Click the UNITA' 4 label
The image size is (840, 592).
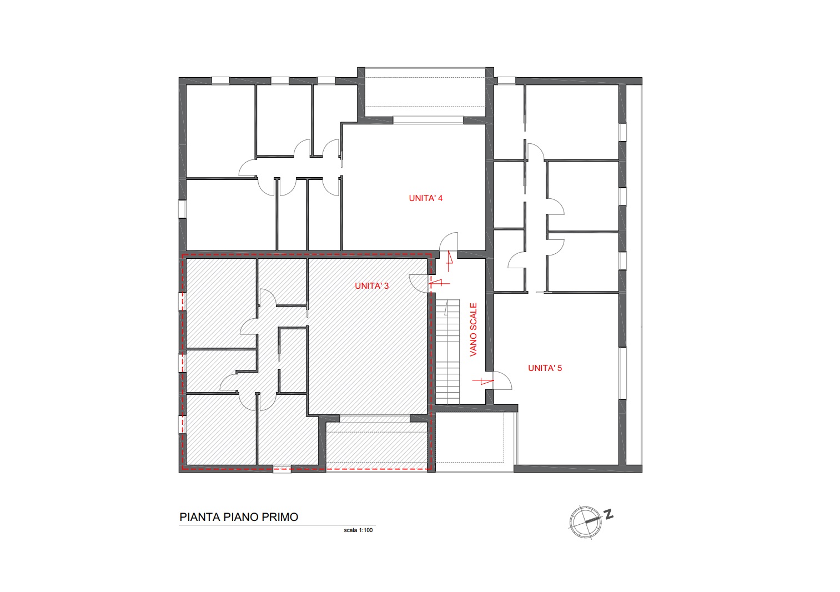[x=426, y=198]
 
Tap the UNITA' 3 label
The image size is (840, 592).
[x=371, y=286]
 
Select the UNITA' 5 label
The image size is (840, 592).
[x=545, y=368]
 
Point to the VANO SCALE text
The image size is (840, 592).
[x=473, y=330]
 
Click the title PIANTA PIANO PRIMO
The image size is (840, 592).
[x=239, y=517]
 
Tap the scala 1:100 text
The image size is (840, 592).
[x=358, y=530]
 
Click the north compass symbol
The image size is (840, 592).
[x=585, y=522]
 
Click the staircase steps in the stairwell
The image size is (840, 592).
[x=447, y=352]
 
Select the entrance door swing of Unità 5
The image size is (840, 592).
[x=502, y=380]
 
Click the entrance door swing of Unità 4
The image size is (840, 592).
[x=449, y=242]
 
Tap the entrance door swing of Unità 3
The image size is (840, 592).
[x=419, y=284]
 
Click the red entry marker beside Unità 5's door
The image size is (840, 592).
[x=482, y=381]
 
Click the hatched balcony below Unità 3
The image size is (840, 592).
[x=376, y=445]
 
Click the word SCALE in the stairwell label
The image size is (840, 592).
[x=473, y=319]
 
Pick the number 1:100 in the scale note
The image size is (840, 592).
[x=366, y=530]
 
